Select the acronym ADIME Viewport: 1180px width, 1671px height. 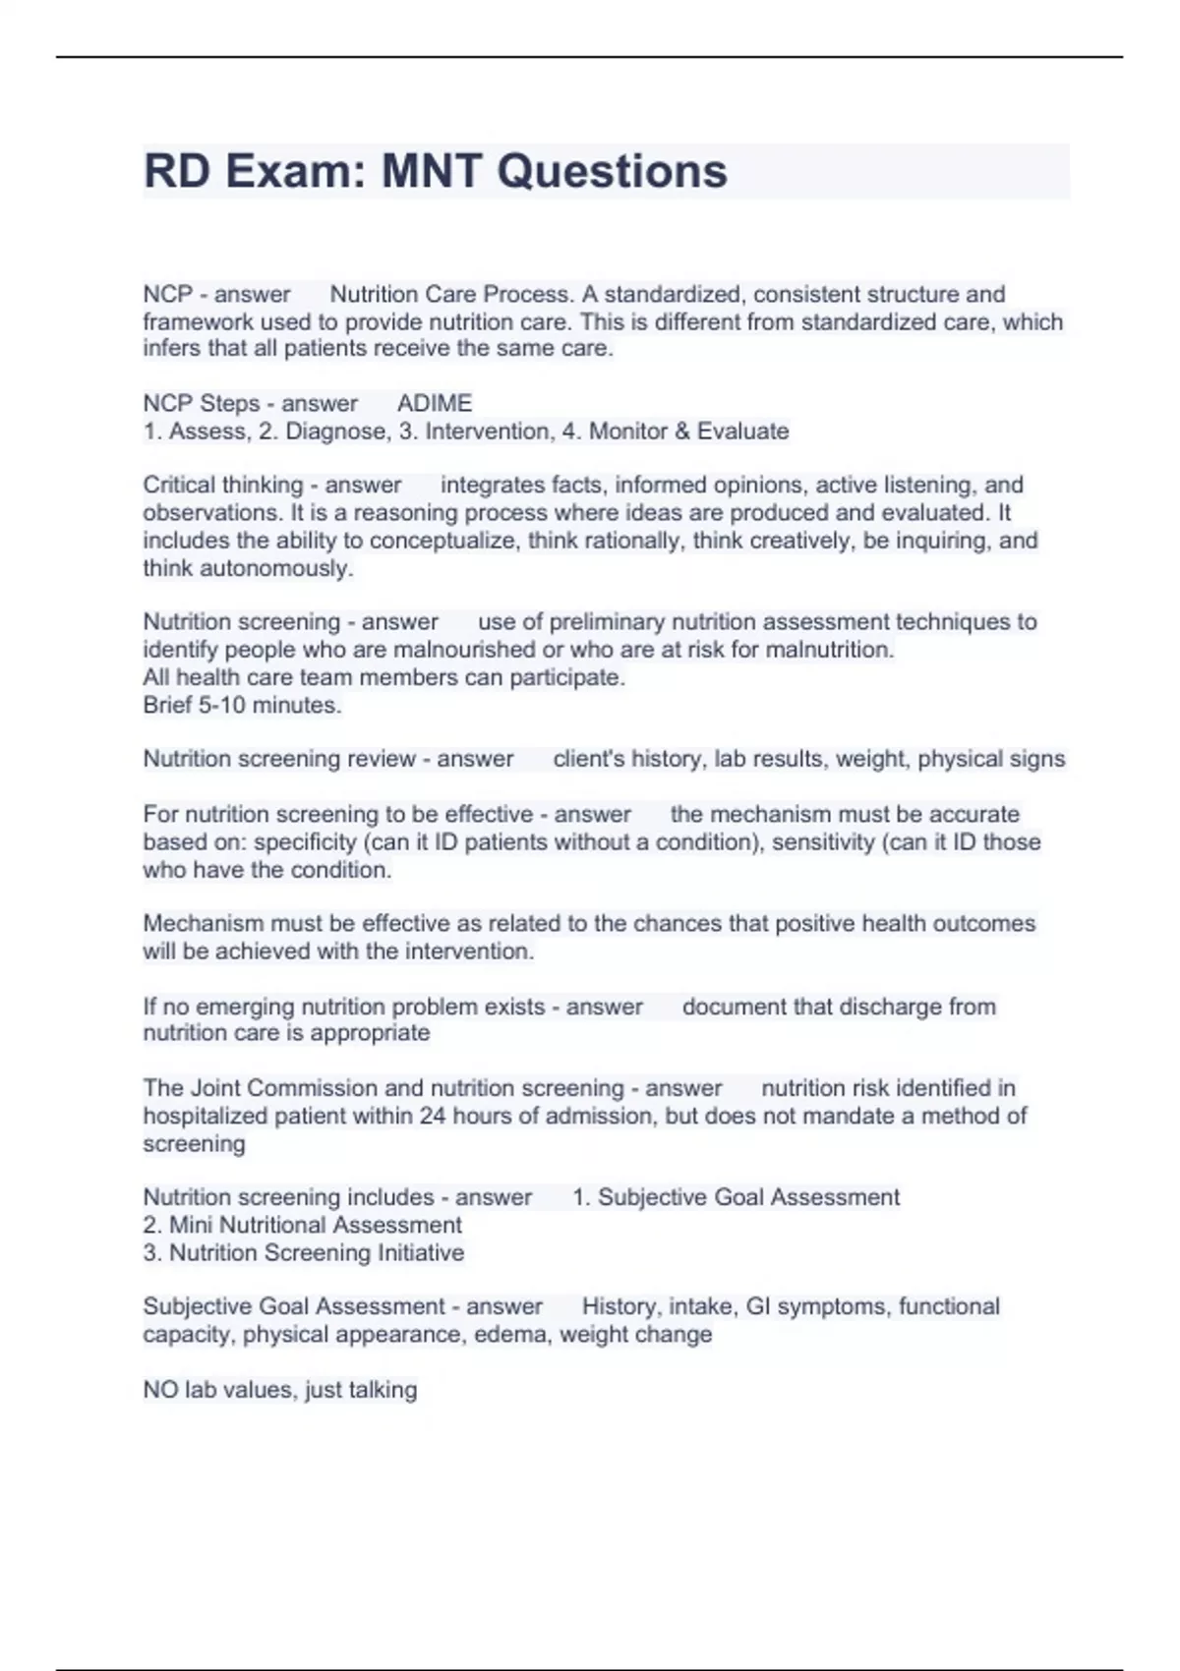click(x=435, y=403)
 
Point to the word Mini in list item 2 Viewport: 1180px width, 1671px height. click(x=191, y=1225)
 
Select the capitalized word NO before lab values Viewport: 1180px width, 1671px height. click(x=160, y=1390)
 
